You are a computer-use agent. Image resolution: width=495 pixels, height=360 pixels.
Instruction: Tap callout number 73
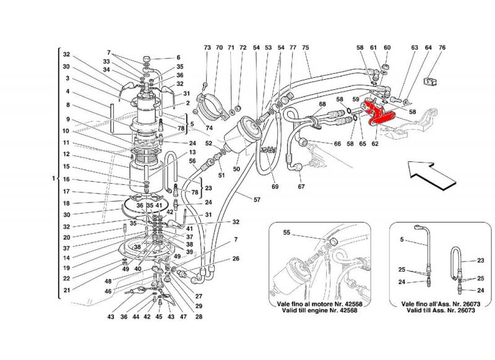point(207,48)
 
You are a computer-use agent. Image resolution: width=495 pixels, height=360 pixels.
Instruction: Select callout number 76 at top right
point(442,48)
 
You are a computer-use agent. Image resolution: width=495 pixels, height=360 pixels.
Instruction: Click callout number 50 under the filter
point(235,168)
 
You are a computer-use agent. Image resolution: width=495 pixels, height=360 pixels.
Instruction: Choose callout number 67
point(301,187)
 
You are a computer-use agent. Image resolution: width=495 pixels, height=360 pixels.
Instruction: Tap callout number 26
point(236,259)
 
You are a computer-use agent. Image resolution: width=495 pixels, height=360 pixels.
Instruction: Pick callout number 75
point(305,48)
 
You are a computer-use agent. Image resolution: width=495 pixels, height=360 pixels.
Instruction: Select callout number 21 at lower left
point(66,289)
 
